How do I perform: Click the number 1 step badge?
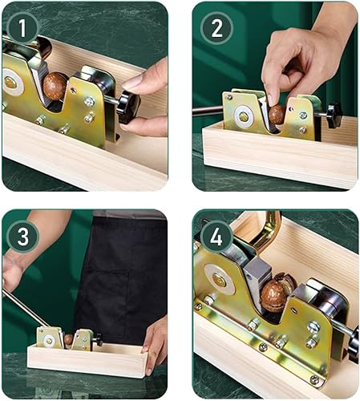pyautogui.click(x=22, y=28)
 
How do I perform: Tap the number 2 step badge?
pyautogui.click(x=216, y=28)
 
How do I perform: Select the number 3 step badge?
pyautogui.click(x=23, y=237)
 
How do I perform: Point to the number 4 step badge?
pyautogui.click(x=216, y=237)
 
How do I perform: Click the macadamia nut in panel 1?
pyautogui.click(x=55, y=86)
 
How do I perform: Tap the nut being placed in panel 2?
pyautogui.click(x=277, y=115)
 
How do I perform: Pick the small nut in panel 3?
pyautogui.click(x=68, y=339)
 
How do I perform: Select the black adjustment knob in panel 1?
pyautogui.click(x=128, y=107)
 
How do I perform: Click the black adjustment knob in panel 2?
pyautogui.click(x=334, y=115)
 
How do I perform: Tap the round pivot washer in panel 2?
pyautogui.click(x=244, y=116)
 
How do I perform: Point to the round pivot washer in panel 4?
pyautogui.click(x=220, y=279)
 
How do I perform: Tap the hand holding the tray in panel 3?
pyautogui.click(x=155, y=344)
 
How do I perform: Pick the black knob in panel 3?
pyautogui.click(x=99, y=339)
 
